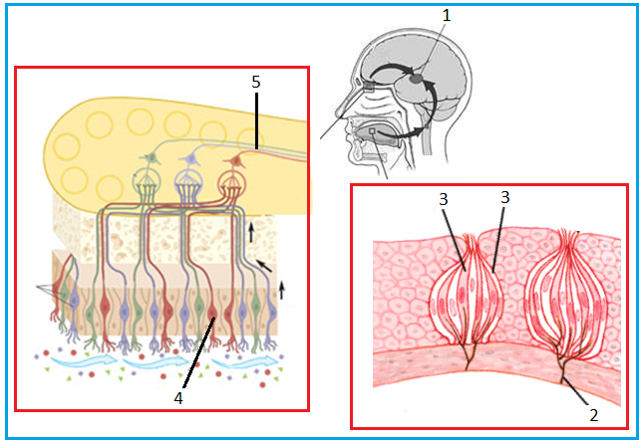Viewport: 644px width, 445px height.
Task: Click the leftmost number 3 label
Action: coord(443,199)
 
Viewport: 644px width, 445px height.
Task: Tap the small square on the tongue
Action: coord(373,131)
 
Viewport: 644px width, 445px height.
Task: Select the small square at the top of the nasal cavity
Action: coord(369,87)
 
